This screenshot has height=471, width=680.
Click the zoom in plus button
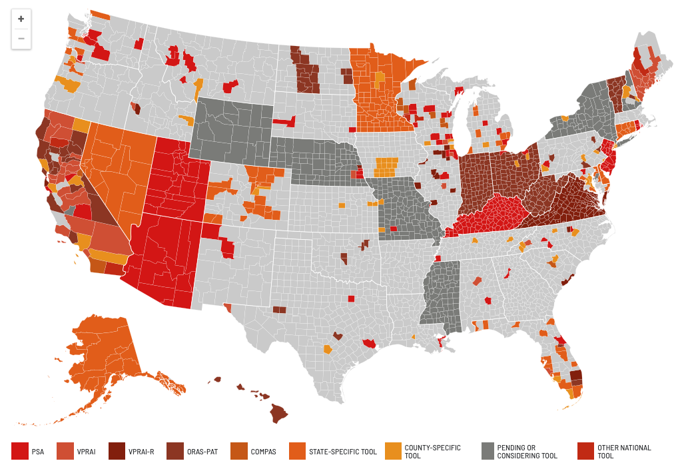coord(21,19)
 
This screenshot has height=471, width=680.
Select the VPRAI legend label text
coord(87,452)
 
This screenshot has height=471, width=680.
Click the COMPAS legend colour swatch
coord(239,452)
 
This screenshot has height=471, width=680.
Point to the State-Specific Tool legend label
coord(342,452)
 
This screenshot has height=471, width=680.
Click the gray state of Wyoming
coord(231,129)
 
